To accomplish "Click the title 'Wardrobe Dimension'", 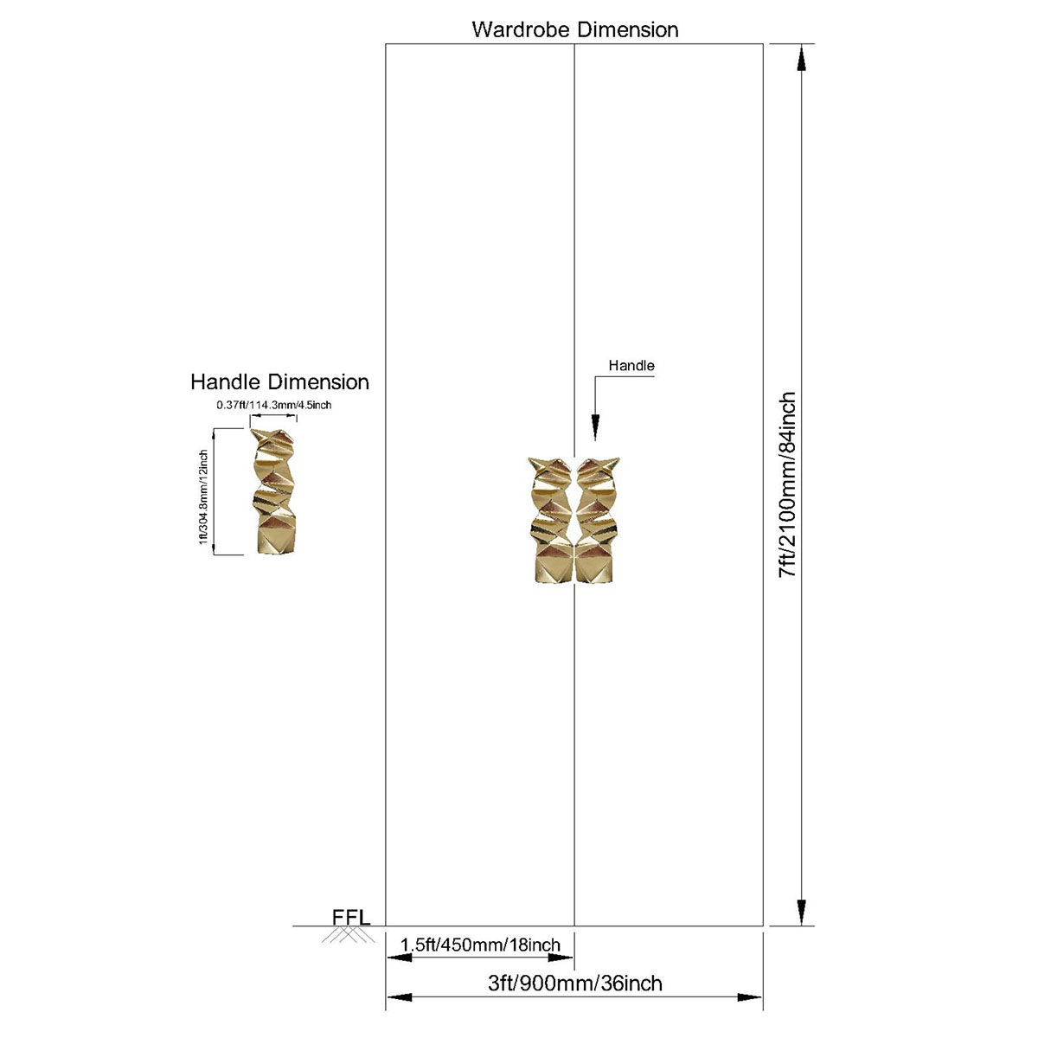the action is coord(574,29).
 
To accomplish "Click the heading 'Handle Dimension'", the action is coord(279,382).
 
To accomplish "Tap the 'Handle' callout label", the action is coord(631,366).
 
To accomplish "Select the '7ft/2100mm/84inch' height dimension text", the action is coord(787,484).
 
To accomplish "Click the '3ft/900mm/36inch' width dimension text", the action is coord(574,983).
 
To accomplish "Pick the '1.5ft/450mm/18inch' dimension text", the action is coord(480,945).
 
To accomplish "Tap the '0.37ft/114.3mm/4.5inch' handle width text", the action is coord(273,405).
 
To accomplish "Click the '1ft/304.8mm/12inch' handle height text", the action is coord(203,497).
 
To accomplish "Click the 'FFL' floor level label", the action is coord(351,918).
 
